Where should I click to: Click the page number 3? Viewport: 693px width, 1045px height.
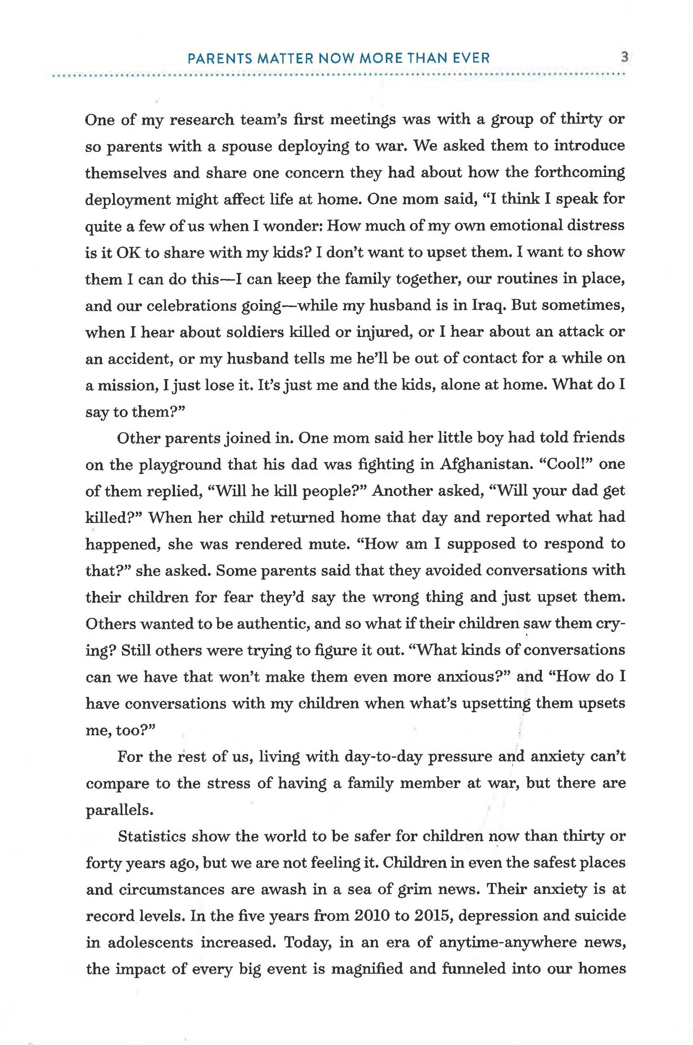(x=624, y=58)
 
